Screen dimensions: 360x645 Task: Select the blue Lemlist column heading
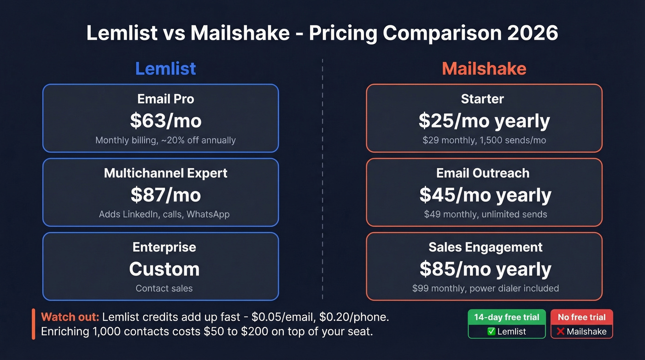165,69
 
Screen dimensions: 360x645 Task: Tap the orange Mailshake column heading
484,69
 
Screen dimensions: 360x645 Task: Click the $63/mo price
165,120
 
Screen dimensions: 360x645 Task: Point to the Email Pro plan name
165,99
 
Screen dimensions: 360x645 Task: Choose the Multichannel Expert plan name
165,173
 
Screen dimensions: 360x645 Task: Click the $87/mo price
165,195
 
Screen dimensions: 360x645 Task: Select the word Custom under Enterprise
164,269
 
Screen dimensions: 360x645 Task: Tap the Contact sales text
164,289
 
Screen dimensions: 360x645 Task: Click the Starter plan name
482,99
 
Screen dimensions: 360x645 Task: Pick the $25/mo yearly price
484,121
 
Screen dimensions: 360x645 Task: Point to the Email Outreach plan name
483,173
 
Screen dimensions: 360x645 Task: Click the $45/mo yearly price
485,195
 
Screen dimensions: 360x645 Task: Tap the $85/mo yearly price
485,269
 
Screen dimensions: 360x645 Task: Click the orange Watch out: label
70,317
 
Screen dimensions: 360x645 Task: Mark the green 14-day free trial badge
506,317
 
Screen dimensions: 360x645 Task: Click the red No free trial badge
581,317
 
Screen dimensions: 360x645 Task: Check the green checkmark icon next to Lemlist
491,331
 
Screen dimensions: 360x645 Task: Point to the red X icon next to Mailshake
561,331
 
